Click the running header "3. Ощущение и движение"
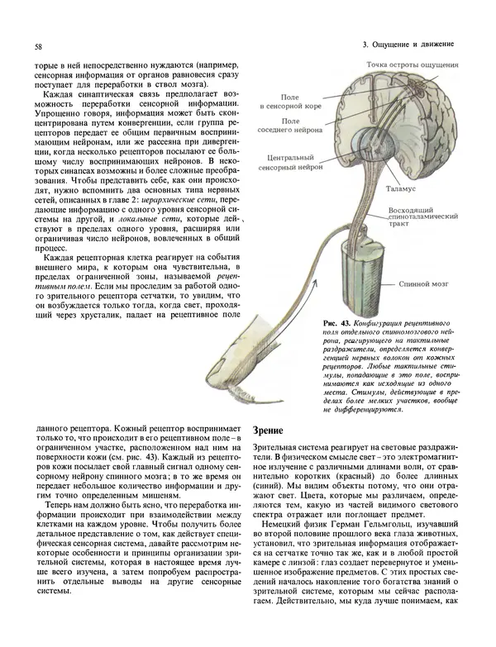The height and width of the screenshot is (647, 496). (x=408, y=43)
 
